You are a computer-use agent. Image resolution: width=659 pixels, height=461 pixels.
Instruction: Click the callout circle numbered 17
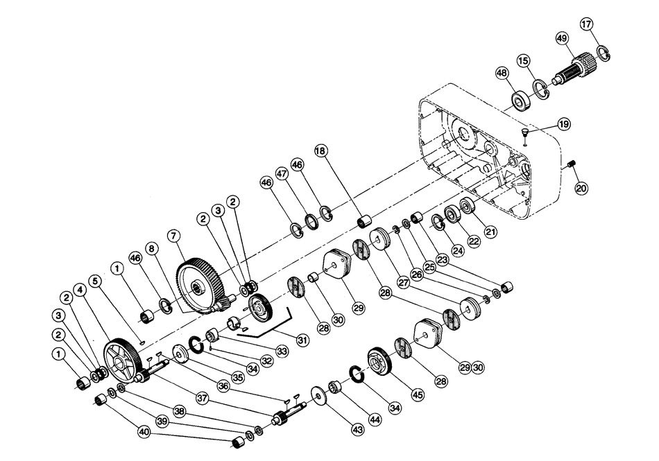[x=587, y=25]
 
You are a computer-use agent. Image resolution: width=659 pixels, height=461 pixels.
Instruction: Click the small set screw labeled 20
[x=572, y=165]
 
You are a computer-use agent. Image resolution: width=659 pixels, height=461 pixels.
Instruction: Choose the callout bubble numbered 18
[x=320, y=150]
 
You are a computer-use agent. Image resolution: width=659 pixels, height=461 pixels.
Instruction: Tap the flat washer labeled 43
[x=320, y=398]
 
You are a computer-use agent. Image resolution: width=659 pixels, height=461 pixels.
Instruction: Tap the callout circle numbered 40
[x=144, y=431]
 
